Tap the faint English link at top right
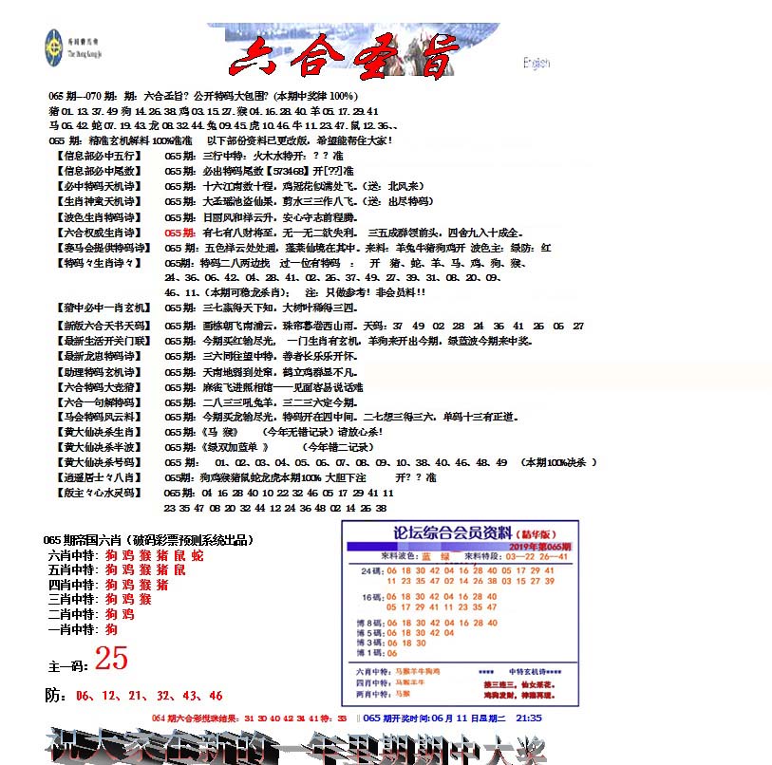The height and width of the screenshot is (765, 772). point(537,64)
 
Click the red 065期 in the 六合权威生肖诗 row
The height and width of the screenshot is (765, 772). point(180,233)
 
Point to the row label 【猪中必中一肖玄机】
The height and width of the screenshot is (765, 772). point(104,308)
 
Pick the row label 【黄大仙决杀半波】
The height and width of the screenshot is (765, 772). point(99,447)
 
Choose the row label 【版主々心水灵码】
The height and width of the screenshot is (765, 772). point(99,494)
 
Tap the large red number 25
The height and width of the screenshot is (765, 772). point(111,658)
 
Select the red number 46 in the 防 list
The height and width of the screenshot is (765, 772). point(216,696)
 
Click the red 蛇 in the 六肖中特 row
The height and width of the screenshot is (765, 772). point(197,555)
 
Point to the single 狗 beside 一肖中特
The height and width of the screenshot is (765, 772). point(111,629)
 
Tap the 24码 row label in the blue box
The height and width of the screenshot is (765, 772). point(369,570)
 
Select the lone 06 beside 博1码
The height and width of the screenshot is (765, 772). point(392,653)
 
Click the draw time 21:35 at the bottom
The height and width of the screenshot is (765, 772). point(529,718)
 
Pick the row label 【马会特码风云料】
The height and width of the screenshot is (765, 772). point(99,416)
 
